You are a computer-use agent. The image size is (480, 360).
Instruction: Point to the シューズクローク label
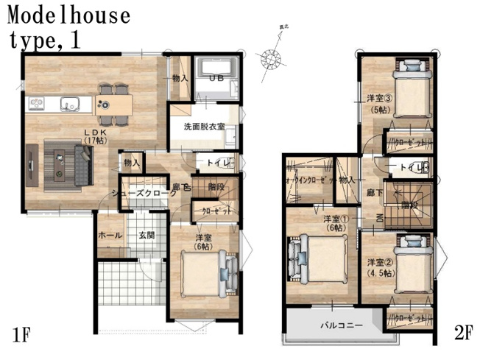click(x=144, y=193)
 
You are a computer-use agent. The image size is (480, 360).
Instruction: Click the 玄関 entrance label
click(x=146, y=236)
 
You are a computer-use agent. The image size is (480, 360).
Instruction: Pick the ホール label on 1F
click(x=110, y=236)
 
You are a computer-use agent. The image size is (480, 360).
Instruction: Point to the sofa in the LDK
click(x=83, y=163)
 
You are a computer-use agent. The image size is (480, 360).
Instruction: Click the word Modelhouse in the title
click(x=70, y=15)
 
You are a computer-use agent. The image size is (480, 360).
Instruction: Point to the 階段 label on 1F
click(x=216, y=186)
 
